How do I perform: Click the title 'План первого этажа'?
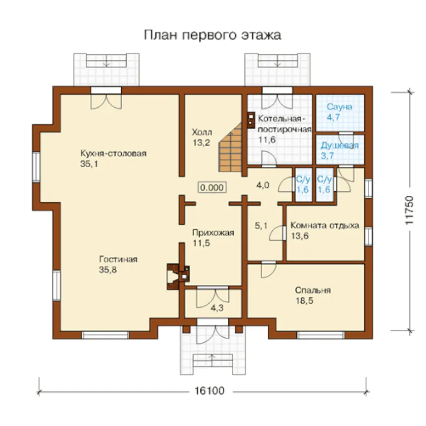click(212, 35)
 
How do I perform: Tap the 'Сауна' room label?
click(339, 107)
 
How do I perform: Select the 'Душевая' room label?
click(340, 146)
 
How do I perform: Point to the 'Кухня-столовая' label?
click(113, 154)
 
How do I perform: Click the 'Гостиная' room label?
click(118, 259)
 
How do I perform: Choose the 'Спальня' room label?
click(313, 290)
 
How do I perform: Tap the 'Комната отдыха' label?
click(325, 226)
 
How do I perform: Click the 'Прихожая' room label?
click(213, 233)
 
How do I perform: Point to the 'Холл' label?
click(202, 132)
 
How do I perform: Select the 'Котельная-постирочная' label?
click(284, 124)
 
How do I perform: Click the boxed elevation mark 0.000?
click(212, 188)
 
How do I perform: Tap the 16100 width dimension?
click(209, 390)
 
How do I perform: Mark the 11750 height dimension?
click(409, 210)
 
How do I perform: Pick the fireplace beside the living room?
click(177, 276)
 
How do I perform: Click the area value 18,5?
click(304, 301)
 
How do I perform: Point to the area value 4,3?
click(217, 308)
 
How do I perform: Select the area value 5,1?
click(261, 226)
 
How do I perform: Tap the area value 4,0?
click(263, 185)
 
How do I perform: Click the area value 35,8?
click(108, 270)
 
